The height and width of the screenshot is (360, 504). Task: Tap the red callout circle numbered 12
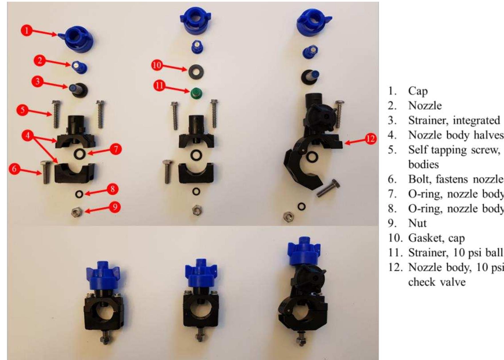click(370, 139)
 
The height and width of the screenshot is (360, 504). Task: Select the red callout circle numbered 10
click(157, 65)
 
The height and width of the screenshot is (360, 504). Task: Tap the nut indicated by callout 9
click(76, 212)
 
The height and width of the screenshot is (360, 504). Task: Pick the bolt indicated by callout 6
click(46, 172)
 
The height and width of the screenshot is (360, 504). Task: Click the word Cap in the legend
click(418, 91)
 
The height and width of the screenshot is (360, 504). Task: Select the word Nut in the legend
click(417, 223)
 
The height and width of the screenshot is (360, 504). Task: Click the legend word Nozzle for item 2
click(425, 106)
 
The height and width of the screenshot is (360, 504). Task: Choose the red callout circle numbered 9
click(115, 207)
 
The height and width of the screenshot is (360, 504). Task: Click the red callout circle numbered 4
click(27, 136)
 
